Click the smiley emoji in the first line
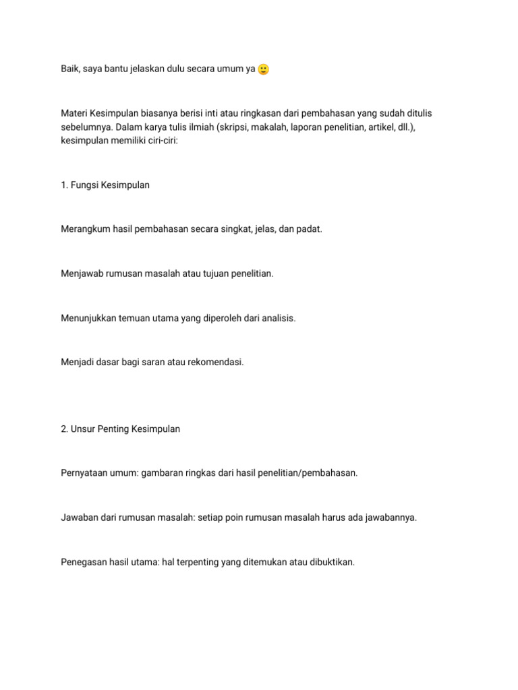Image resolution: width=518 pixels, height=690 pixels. click(x=264, y=69)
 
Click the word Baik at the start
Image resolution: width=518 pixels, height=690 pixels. click(x=71, y=69)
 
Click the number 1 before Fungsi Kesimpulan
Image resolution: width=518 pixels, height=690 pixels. click(x=63, y=185)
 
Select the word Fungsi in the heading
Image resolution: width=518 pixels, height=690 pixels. click(x=84, y=185)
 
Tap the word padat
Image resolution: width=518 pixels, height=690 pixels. click(x=310, y=229)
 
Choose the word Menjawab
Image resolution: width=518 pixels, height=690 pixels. click(x=82, y=274)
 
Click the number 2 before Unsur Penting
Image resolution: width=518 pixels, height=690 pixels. click(x=63, y=429)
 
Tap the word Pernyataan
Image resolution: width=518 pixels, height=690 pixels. click(x=85, y=473)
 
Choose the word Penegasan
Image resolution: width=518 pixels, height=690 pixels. click(x=85, y=562)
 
